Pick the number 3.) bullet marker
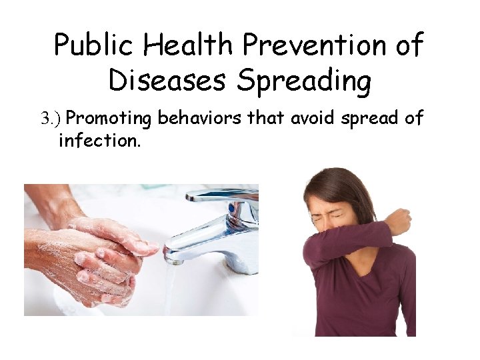(51, 119)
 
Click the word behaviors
(201, 118)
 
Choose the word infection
(99, 141)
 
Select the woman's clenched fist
(399, 221)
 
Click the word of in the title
(408, 45)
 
